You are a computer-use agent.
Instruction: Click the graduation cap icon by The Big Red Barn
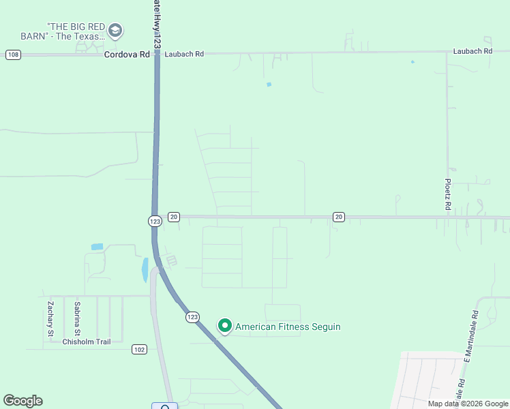(x=115, y=30)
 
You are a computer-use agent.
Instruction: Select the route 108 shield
(x=13, y=55)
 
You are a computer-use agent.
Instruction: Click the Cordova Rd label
(x=127, y=54)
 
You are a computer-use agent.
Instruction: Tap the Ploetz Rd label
(x=448, y=195)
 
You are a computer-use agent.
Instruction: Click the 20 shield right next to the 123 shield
(x=174, y=217)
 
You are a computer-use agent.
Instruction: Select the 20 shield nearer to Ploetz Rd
(x=339, y=217)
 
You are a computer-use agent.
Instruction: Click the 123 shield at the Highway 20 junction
(x=155, y=221)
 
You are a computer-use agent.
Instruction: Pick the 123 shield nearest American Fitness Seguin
(x=193, y=317)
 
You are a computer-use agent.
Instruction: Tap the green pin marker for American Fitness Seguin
(x=224, y=326)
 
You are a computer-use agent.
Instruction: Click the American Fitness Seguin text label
(x=288, y=327)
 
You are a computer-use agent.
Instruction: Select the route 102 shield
(x=139, y=349)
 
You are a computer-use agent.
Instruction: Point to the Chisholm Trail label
(x=86, y=342)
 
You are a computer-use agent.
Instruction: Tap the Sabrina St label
(x=78, y=318)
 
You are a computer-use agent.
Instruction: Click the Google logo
(x=22, y=401)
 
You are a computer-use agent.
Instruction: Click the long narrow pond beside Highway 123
(x=145, y=269)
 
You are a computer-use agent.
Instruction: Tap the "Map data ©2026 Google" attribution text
(x=468, y=404)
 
